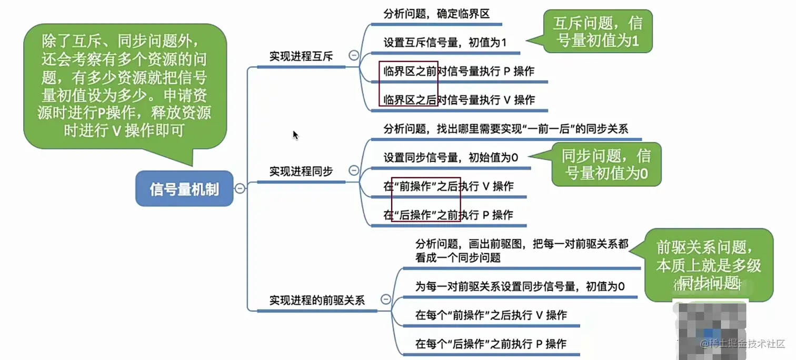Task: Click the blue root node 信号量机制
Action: (x=184, y=189)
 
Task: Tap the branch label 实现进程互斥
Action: (x=301, y=57)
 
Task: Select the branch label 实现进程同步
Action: (x=301, y=172)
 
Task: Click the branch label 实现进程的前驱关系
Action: (x=317, y=301)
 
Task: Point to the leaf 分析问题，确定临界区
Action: (x=437, y=14)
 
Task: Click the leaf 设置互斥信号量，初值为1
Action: (x=445, y=43)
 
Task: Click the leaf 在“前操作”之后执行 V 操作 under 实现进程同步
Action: (x=449, y=186)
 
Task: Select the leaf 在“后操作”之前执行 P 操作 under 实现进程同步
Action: (x=449, y=215)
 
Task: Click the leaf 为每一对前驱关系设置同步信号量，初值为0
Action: (x=520, y=287)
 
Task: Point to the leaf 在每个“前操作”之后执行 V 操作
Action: (x=491, y=315)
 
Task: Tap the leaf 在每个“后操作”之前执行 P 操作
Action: (x=491, y=344)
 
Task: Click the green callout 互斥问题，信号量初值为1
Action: (x=598, y=32)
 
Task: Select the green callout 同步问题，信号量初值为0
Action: (x=605, y=165)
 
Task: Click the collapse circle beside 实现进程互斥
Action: (x=354, y=55)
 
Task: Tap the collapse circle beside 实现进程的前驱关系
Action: (x=385, y=300)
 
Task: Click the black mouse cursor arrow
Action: (x=295, y=135)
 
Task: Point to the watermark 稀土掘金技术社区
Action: (x=743, y=344)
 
